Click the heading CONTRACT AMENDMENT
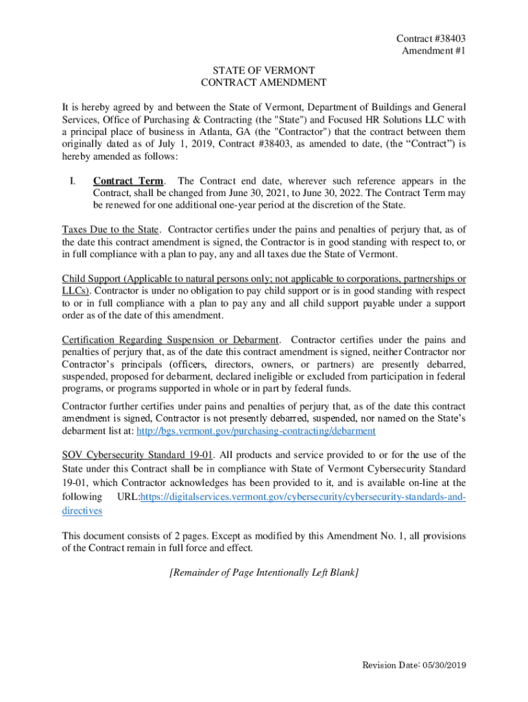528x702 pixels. pos(263,83)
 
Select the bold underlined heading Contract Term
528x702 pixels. pos(128,181)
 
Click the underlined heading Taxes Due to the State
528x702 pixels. pos(110,229)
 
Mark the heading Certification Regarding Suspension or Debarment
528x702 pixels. pos(170,340)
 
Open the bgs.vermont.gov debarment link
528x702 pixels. pos(256,431)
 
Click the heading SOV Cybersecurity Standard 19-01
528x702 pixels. pos(134,455)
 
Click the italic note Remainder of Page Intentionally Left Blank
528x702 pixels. pos(264,572)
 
